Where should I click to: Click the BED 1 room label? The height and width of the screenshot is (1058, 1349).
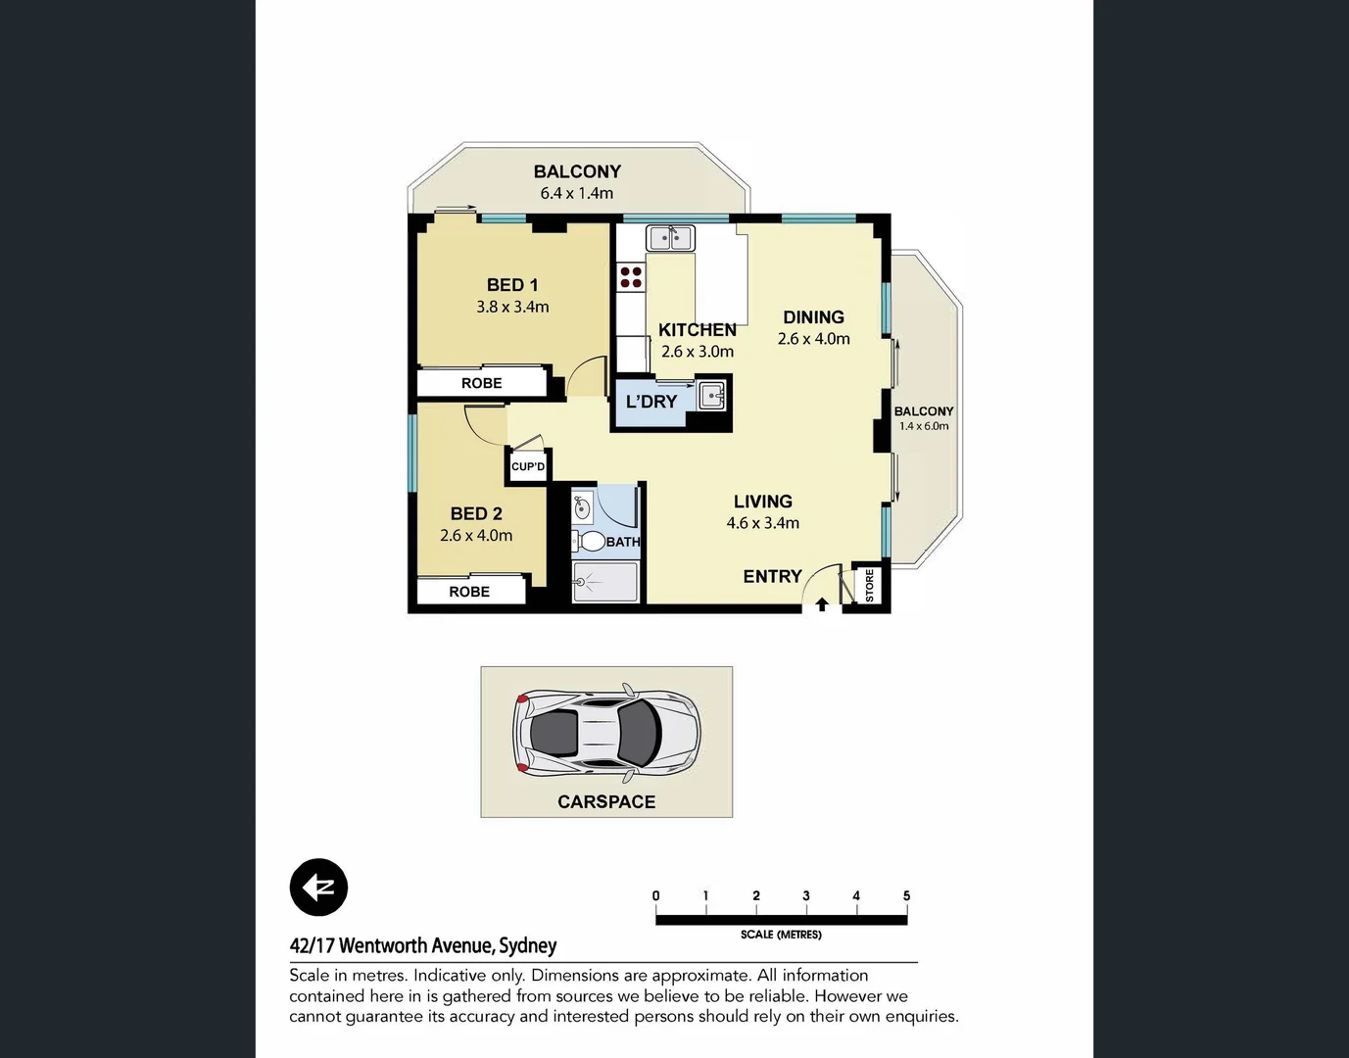coord(512,285)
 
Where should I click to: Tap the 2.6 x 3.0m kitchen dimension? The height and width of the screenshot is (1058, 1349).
coord(697,352)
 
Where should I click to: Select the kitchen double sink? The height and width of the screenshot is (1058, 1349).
coord(670,238)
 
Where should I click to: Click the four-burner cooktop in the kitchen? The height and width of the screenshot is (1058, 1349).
coord(631,276)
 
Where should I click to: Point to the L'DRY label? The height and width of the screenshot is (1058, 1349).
coord(651,402)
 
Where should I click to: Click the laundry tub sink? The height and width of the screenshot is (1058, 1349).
coord(712,397)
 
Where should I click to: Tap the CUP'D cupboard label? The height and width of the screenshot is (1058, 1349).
coord(528,466)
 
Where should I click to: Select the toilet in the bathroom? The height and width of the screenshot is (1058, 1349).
coord(590,541)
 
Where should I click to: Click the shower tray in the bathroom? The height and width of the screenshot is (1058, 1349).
coord(605,581)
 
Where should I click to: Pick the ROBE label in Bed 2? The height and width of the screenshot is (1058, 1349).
coord(469,592)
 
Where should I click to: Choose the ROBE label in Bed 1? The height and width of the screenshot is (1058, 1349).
coord(481,383)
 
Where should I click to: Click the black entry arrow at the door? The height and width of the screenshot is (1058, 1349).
coord(822,604)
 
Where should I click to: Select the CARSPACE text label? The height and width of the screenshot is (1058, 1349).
coord(606,801)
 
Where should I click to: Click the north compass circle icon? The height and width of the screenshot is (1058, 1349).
coord(319,888)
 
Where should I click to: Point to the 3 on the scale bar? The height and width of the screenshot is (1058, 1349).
coord(806,895)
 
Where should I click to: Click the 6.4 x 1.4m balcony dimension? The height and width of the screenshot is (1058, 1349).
coord(577,193)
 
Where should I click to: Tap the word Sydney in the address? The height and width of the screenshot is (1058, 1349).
coord(528,945)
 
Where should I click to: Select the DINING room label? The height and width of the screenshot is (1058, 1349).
coord(813,317)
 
